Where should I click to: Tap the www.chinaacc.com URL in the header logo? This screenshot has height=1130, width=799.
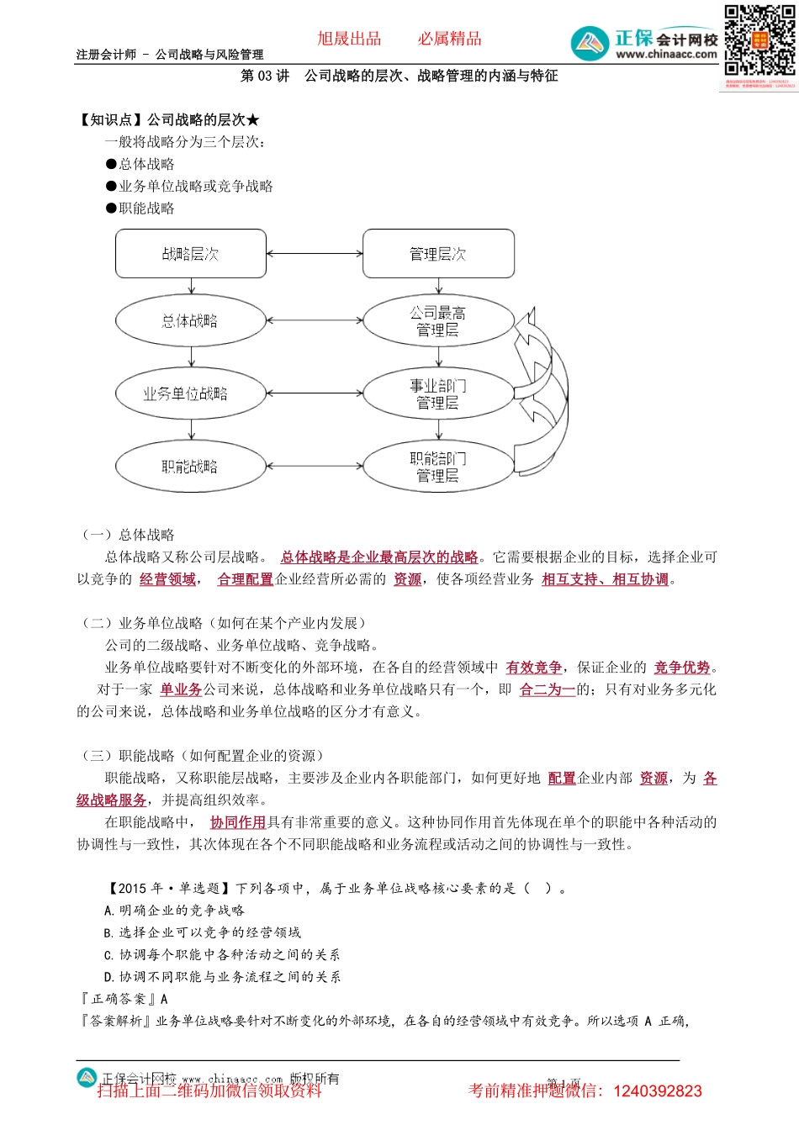[x=666, y=55]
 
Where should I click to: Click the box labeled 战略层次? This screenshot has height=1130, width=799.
[x=191, y=254]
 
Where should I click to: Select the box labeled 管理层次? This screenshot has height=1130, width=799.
[x=438, y=254]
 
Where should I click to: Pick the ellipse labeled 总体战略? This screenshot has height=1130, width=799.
[x=191, y=320]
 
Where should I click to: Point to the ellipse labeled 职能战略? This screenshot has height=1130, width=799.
[x=191, y=467]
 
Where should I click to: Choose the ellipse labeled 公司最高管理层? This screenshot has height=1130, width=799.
[x=438, y=321]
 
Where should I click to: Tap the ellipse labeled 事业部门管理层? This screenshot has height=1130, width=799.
[x=438, y=393]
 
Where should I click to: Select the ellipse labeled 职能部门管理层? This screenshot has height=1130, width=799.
[x=438, y=467]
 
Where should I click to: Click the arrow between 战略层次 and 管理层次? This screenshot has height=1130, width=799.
[x=315, y=254]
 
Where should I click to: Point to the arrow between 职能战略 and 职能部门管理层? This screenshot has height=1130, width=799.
[x=315, y=467]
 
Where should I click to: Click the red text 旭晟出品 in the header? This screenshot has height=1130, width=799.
[x=349, y=39]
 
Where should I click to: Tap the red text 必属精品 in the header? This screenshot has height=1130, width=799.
[x=450, y=39]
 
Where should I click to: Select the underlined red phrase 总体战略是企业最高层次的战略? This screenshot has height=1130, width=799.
[x=379, y=557]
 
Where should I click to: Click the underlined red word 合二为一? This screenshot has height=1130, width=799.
[x=548, y=689]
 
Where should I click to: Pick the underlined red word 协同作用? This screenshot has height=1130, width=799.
[x=238, y=822]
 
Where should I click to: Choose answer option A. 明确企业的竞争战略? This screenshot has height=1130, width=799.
[x=175, y=911]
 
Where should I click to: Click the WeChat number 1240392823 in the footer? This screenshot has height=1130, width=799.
[x=658, y=1091]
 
